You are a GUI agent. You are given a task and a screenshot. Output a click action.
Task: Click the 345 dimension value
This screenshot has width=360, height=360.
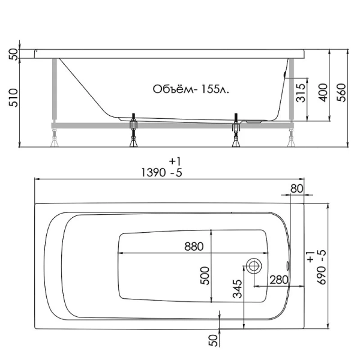click(x=238, y=290)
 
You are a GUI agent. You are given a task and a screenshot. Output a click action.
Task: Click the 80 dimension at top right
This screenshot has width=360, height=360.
click(x=296, y=188)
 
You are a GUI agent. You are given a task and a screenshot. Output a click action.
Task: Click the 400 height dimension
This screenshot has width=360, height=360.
click(x=322, y=92)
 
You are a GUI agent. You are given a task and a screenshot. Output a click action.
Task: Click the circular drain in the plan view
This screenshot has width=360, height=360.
click(x=254, y=265)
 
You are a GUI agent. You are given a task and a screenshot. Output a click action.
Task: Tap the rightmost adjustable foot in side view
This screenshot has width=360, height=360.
click(x=292, y=141)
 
